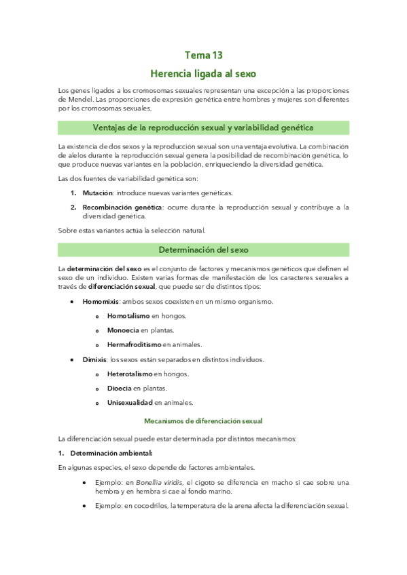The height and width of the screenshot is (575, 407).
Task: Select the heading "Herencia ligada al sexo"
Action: [x=203, y=73]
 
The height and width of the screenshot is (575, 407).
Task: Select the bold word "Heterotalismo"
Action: [x=130, y=374]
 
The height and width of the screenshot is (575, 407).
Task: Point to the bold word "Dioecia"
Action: [x=119, y=388]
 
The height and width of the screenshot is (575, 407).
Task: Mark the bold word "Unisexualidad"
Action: [x=130, y=402]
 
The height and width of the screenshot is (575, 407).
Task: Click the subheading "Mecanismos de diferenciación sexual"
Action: [x=203, y=420]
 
